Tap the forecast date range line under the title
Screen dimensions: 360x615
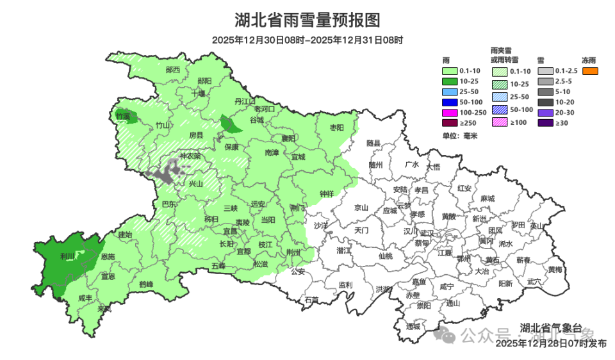click(x=307, y=40)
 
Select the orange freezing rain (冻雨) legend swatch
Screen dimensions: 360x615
click(x=590, y=70)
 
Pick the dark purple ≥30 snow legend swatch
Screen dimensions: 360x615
click(x=545, y=122)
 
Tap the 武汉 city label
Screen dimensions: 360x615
click(x=426, y=233)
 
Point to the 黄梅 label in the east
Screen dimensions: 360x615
click(x=554, y=270)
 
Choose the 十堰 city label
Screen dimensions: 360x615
click(x=199, y=94)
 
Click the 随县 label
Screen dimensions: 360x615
click(x=373, y=143)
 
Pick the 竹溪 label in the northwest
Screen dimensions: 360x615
click(x=123, y=116)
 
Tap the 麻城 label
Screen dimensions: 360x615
click(x=487, y=199)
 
